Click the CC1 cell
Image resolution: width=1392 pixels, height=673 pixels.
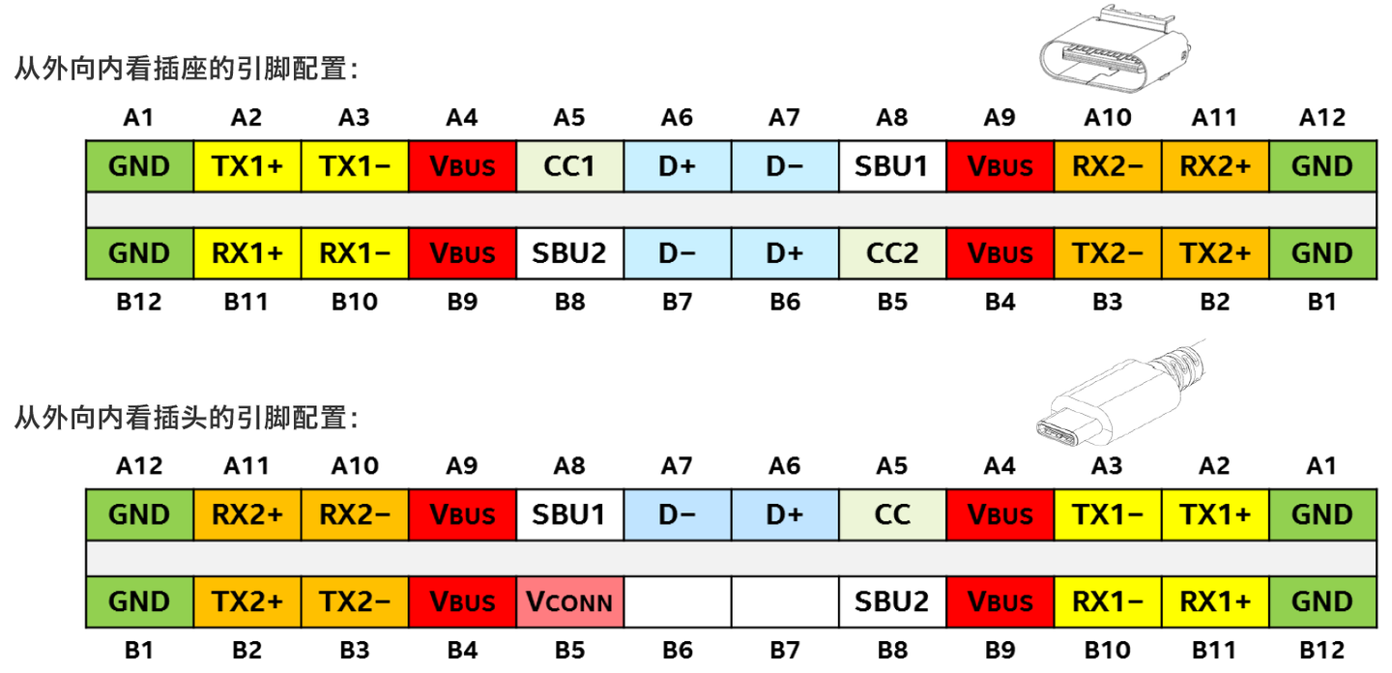coord(569,166)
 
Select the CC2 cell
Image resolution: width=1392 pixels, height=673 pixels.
coord(892,253)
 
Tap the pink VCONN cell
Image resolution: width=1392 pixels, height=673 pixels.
coord(569,601)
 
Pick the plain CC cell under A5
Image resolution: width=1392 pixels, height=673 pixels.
coord(892,514)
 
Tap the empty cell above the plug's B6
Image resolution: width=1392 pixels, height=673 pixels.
coord(677,601)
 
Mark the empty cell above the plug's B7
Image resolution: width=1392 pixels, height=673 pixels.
coord(784,601)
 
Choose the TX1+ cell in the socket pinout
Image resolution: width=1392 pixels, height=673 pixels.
coord(246,166)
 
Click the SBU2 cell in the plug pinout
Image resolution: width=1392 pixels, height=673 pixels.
coord(892,601)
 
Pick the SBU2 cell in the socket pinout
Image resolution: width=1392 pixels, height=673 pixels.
coord(569,253)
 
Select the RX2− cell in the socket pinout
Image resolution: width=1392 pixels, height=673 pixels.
coord(1108,166)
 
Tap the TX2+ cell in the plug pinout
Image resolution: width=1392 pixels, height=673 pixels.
coord(246,601)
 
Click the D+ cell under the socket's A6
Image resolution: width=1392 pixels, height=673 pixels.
coord(677,166)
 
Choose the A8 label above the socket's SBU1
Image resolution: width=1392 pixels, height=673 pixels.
coord(892,118)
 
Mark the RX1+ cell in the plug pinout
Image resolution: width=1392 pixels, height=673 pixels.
coord(1215,601)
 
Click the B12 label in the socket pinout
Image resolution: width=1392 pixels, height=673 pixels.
coord(139,302)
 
